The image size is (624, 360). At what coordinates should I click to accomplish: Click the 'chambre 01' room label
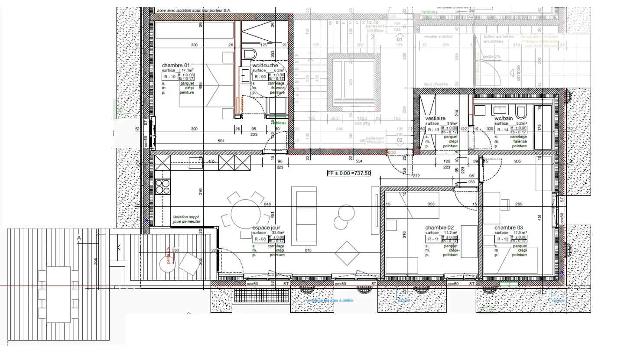coord(176,65)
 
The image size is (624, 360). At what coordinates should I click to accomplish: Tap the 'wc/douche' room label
coord(265,65)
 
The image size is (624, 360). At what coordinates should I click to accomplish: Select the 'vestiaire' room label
coord(435,118)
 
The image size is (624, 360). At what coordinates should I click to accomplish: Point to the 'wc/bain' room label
coord(504,118)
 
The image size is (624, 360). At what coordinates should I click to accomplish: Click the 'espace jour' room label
coord(266,228)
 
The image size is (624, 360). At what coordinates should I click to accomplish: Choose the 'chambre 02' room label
coord(439,228)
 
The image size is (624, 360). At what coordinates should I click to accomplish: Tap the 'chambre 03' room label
coord(509,228)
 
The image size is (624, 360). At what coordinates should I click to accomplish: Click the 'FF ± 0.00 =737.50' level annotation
coord(349,173)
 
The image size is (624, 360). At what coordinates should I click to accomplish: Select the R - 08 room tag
coord(260,239)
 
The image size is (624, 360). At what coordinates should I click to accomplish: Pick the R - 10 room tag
coord(170,77)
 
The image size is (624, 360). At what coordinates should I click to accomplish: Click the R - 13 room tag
coord(433,130)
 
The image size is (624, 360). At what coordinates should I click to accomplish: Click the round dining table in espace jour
coord(245,214)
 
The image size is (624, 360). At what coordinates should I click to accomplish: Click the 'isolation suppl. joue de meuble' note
coord(187,219)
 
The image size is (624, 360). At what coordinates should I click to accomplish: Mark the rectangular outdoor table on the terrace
coord(58,294)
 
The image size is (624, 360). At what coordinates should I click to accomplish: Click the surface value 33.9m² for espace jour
coord(278,233)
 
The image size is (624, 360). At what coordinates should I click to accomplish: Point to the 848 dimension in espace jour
coord(267,204)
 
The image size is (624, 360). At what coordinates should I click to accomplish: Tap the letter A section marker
coord(79,237)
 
